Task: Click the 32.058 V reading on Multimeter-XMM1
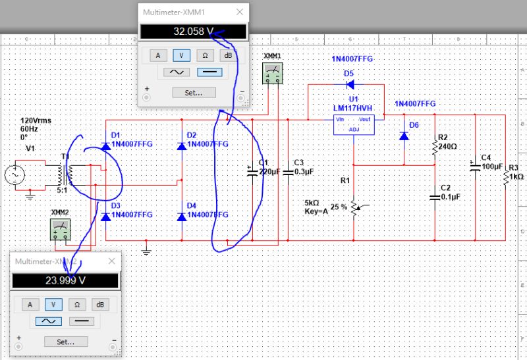click(192, 32)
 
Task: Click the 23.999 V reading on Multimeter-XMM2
click(65, 280)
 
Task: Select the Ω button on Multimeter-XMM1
click(205, 55)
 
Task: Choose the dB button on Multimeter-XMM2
click(100, 304)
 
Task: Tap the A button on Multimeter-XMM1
click(157, 55)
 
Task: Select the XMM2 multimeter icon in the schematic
click(60, 229)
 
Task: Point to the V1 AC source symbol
click(13, 176)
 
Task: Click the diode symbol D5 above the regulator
click(350, 84)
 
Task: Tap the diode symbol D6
click(404, 136)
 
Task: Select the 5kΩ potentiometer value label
click(314, 202)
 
